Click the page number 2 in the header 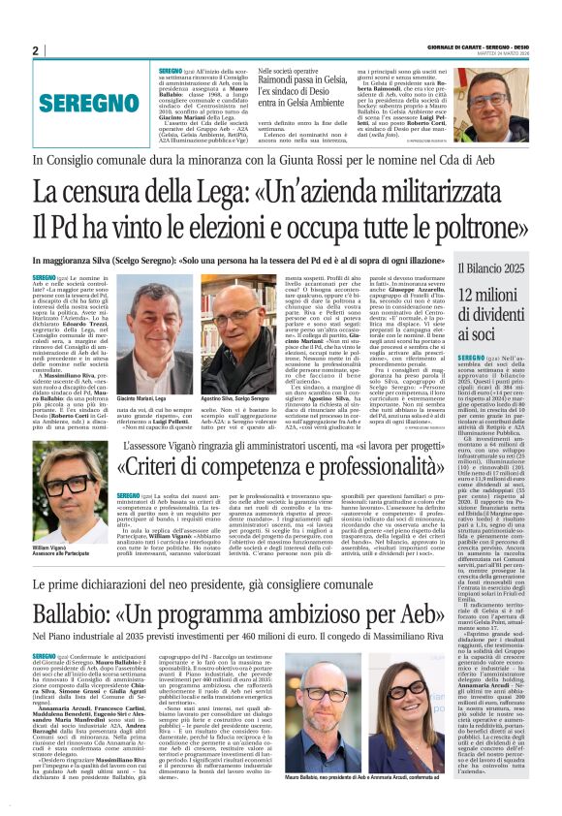35,51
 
